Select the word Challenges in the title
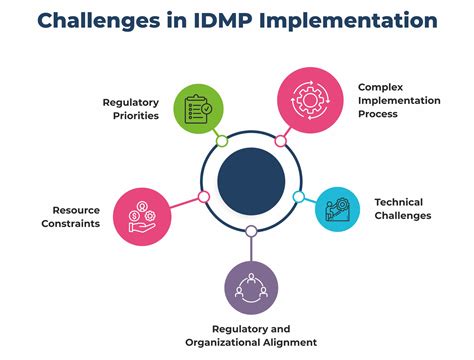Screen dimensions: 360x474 96,21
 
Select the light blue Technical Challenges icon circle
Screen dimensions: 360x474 336,208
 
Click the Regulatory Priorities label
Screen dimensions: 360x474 132,108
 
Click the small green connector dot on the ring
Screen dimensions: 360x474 221,140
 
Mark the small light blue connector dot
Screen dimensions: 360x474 299,197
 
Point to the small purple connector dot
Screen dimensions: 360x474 250,231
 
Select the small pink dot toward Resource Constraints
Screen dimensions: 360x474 204,196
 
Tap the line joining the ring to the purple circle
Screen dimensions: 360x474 250,246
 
